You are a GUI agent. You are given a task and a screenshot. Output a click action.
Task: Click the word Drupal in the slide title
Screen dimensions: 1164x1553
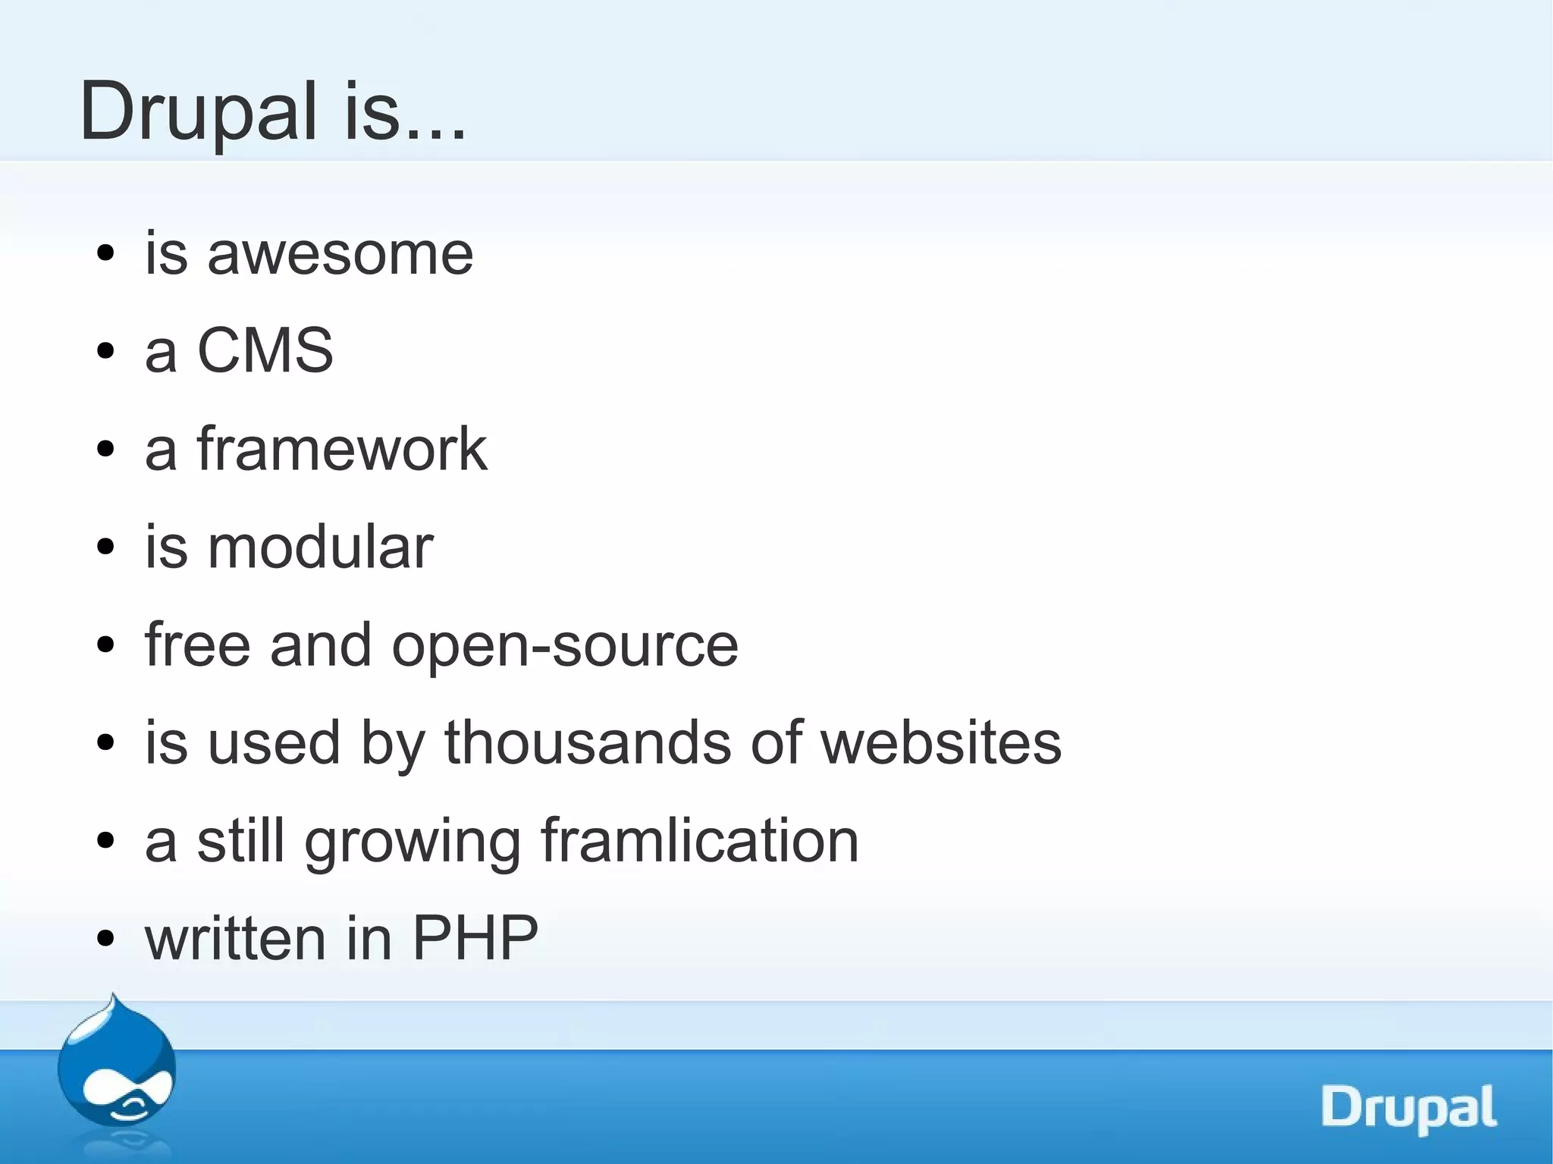point(198,112)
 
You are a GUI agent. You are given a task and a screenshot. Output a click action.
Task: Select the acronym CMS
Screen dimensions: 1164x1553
point(265,350)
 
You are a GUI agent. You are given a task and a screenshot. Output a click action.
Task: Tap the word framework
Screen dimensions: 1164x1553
point(342,449)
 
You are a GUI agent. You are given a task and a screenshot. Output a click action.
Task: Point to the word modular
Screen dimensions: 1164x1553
point(320,547)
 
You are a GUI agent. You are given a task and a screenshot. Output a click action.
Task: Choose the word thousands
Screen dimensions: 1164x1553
point(588,742)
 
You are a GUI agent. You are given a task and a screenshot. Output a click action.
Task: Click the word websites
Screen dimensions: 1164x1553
point(941,742)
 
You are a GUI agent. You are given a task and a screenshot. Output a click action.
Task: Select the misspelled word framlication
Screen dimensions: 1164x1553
point(699,840)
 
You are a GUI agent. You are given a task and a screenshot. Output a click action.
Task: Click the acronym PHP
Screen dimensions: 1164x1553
point(475,938)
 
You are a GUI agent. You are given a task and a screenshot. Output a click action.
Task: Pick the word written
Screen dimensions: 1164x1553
point(236,938)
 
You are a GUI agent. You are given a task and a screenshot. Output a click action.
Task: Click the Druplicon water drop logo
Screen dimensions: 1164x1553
point(116,1065)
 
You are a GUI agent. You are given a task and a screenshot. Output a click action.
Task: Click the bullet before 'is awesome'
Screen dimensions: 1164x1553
point(106,254)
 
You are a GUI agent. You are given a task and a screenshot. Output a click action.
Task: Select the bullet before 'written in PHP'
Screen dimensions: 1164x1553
point(106,939)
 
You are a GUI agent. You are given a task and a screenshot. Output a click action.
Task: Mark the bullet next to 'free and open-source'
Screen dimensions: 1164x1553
point(106,645)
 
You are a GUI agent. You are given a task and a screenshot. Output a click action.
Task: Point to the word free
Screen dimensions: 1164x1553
point(197,645)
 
